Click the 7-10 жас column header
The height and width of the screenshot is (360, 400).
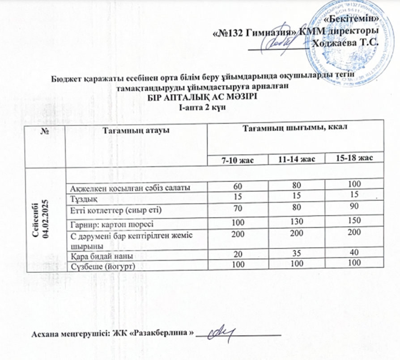point(238,159)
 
